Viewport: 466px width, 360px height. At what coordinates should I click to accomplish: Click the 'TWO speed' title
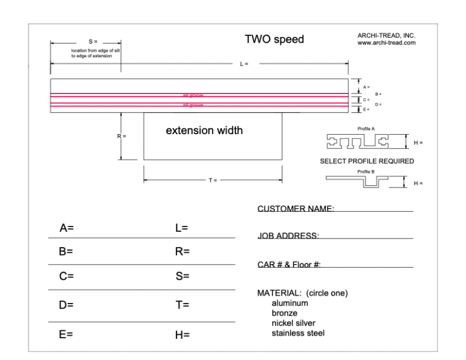click(x=274, y=40)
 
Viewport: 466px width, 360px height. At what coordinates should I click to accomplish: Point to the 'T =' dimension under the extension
click(x=212, y=180)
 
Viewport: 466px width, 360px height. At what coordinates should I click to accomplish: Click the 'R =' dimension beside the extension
click(x=121, y=136)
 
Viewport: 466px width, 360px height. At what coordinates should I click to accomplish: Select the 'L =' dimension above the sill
click(x=243, y=63)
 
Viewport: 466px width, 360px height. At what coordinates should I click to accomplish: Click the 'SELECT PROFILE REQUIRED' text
click(x=366, y=161)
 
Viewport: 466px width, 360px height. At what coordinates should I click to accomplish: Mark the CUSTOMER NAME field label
click(x=296, y=209)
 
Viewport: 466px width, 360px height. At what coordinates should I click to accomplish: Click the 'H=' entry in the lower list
click(x=182, y=335)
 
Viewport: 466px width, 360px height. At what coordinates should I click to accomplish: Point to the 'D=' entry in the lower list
click(x=66, y=305)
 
